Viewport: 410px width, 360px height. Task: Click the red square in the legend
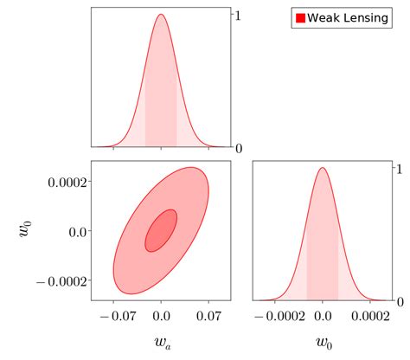point(300,18)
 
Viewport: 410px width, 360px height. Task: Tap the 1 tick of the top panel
point(239,16)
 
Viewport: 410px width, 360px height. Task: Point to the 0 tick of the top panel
point(239,148)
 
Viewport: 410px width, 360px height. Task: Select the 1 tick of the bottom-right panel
point(399,170)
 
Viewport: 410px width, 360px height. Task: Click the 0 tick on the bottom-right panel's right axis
point(399,301)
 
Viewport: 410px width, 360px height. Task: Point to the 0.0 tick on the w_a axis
point(161,317)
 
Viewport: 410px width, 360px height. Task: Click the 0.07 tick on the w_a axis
point(208,317)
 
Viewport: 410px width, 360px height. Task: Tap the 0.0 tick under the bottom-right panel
point(323,317)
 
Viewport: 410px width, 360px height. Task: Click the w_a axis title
point(161,343)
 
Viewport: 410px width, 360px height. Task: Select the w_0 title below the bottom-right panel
point(323,343)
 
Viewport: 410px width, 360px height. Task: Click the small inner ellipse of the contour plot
point(161,230)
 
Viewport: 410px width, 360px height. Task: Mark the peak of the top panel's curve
point(161,15)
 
